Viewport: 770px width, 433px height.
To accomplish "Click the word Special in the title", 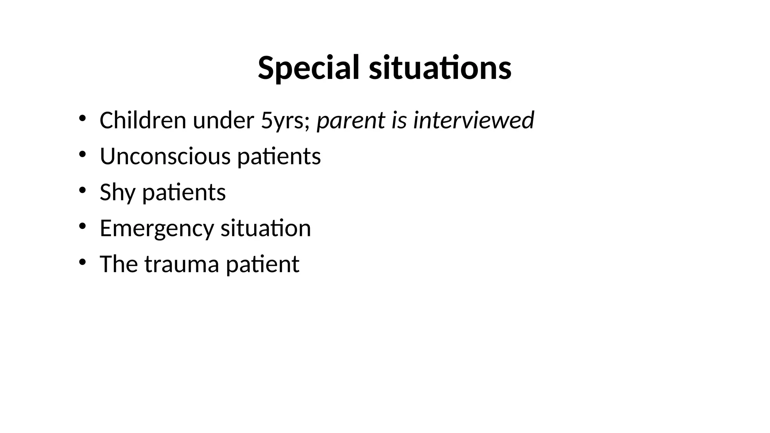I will click(308, 68).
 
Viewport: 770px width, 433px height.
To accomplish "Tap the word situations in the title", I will click(440, 68).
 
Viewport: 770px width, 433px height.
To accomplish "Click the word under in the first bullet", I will click(223, 120).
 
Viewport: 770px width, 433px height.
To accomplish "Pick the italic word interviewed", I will click(473, 120).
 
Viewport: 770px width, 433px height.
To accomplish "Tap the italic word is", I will click(399, 120).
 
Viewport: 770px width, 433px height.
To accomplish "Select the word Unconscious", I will click(165, 156).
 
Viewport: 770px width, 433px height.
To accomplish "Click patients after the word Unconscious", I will click(279, 156).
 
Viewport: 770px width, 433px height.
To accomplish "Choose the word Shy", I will click(117, 192).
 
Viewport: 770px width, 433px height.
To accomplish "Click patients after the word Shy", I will click(184, 192).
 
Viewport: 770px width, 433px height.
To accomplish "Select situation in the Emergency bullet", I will click(265, 228).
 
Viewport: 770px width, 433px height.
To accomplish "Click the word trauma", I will click(182, 264).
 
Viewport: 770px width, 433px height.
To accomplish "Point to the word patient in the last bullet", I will click(262, 264).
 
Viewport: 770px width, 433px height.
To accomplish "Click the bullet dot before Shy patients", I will click(82, 190).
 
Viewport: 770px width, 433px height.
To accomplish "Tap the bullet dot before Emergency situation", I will click(82, 226).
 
